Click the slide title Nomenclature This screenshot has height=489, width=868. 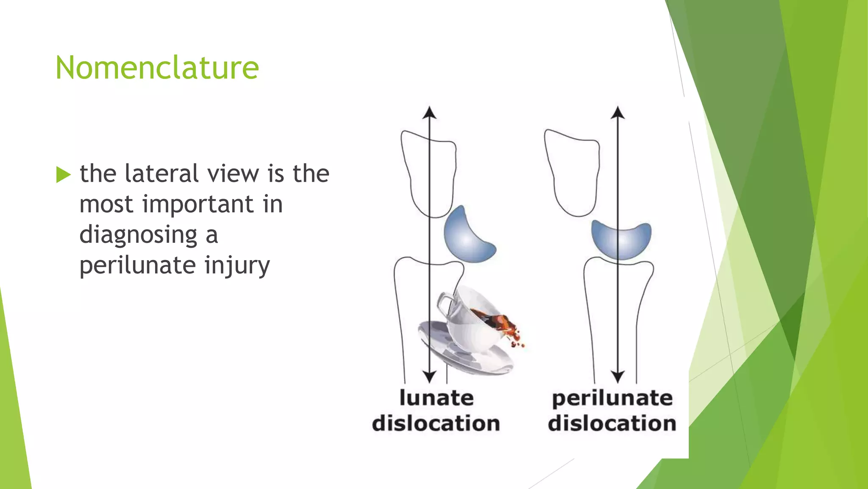(157, 68)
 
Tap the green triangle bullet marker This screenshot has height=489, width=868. (63, 174)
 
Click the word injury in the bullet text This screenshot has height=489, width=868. (237, 266)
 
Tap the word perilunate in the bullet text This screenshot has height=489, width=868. (137, 266)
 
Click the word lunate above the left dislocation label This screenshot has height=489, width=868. (437, 398)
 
